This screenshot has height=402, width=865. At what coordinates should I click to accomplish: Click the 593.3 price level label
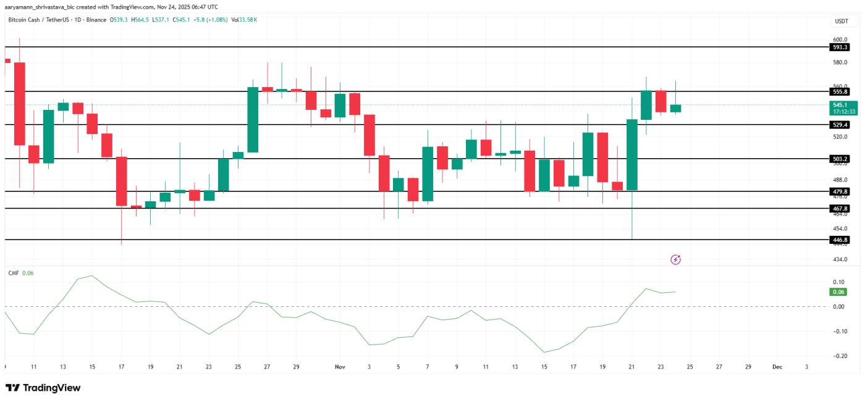tap(840, 47)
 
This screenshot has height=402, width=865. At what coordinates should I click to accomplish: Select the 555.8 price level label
tap(840, 91)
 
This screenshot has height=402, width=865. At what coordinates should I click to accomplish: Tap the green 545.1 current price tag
tap(843, 108)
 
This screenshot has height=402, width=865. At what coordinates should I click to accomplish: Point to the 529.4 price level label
tap(840, 125)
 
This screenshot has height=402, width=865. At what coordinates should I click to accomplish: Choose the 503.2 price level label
tap(840, 159)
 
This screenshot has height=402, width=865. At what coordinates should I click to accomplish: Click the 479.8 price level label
tap(840, 191)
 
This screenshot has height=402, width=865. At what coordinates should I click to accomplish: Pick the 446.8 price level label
tap(840, 240)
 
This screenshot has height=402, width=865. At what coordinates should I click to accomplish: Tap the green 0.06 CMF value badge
tap(838, 292)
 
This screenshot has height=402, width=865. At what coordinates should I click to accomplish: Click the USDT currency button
tap(841, 21)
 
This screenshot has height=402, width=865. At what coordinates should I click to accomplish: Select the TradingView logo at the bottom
tap(43, 388)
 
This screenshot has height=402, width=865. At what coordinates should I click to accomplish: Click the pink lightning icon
tap(675, 260)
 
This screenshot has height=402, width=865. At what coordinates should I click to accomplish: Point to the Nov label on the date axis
tap(340, 367)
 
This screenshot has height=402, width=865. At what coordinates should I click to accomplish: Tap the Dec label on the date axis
tap(777, 367)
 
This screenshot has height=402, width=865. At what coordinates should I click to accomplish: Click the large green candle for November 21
tap(631, 154)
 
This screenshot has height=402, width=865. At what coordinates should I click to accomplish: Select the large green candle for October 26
tap(253, 119)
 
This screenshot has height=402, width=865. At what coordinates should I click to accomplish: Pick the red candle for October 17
tap(122, 181)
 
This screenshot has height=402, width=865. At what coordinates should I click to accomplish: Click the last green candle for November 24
tap(675, 108)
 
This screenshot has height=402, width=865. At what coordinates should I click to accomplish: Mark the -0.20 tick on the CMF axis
tap(838, 356)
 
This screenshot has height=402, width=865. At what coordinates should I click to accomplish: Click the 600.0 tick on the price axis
tap(840, 39)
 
